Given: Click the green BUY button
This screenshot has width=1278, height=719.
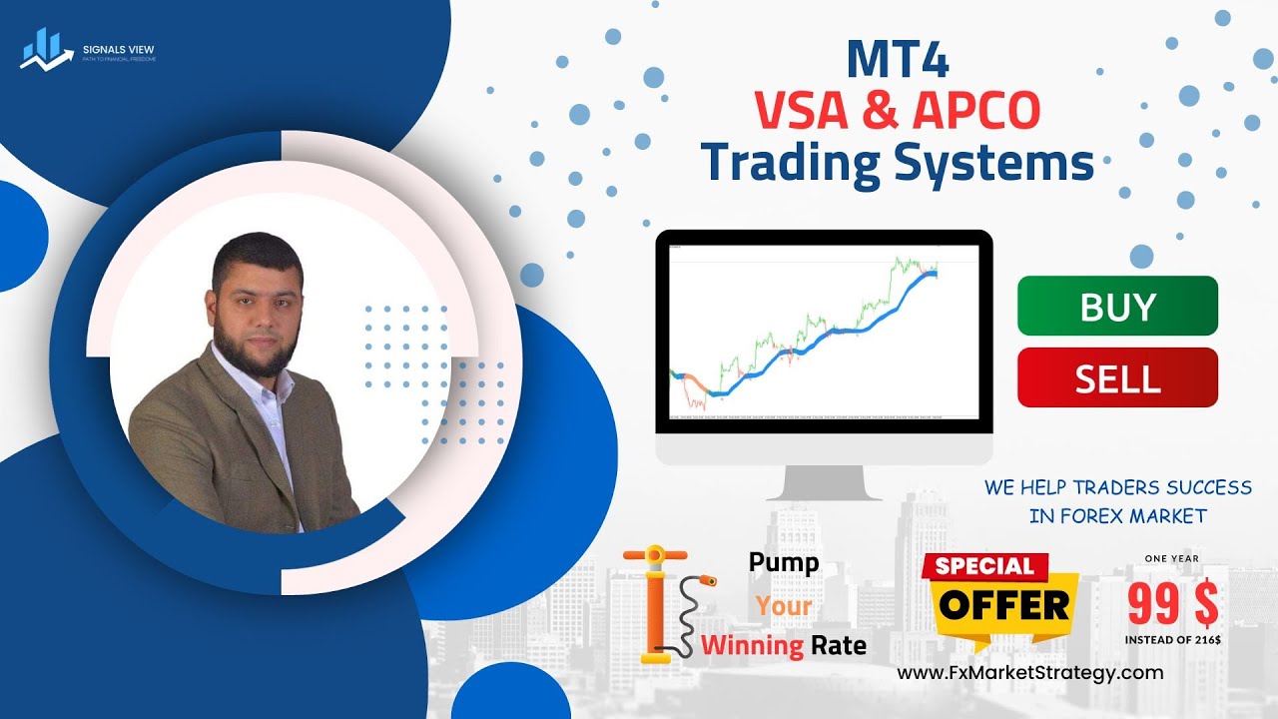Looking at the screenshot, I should click(1117, 306).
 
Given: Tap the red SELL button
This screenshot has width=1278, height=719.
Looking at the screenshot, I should click(1117, 377).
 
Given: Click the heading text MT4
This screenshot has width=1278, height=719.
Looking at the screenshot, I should click(897, 60).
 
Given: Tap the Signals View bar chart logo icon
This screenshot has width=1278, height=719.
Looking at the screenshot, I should click(41, 49).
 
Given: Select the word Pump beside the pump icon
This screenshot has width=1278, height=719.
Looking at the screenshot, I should click(784, 562).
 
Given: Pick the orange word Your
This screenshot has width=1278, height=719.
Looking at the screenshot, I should click(783, 605).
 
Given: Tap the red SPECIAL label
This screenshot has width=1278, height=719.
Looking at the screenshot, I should click(984, 566).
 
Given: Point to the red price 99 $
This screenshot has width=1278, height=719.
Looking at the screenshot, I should click(1172, 603).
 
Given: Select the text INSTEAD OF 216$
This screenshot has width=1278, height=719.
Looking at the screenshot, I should click(1172, 639).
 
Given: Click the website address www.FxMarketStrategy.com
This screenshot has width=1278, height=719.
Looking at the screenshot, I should click(1030, 673).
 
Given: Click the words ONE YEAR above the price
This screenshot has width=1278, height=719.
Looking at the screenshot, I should click(1172, 558).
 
